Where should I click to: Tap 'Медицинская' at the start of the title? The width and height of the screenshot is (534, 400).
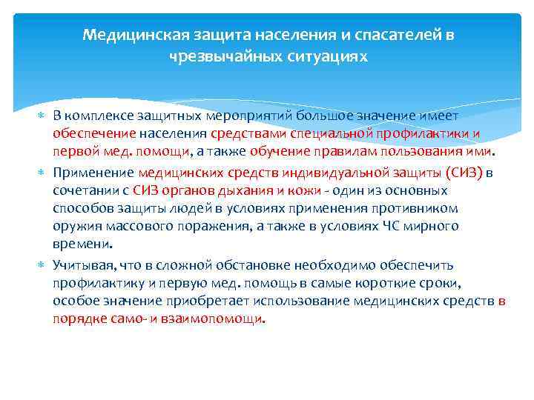coord(122,35)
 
